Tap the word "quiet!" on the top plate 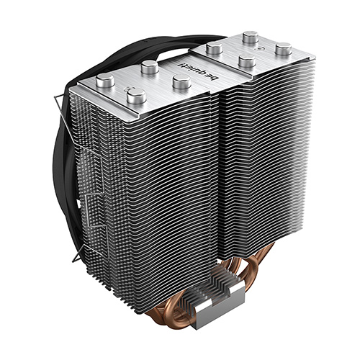(x=189, y=69)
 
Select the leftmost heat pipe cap (x=105, y=81)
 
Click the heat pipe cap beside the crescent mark (x=137, y=96)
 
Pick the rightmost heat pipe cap (x=284, y=49)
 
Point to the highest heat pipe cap (x=251, y=37)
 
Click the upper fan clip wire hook (x=60, y=101)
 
